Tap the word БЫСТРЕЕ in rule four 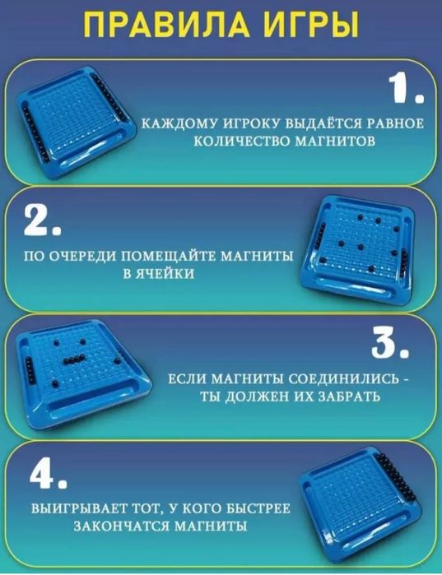tap(255, 508)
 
